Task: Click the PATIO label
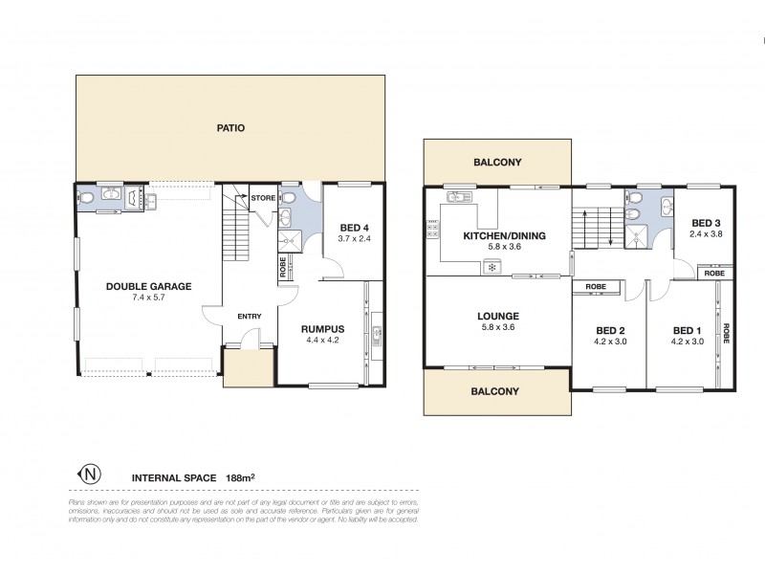point(231,127)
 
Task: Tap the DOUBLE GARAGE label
point(148,285)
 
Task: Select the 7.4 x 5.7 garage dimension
point(148,298)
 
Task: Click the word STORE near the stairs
point(264,198)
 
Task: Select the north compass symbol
point(89,474)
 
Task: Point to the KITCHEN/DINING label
point(497,235)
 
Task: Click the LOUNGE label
point(497,316)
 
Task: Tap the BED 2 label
point(608,330)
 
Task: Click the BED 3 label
point(705,223)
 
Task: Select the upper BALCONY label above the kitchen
point(497,163)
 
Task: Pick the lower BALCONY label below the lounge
point(495,391)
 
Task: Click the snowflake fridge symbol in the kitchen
point(492,268)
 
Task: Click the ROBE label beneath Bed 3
point(714,274)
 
